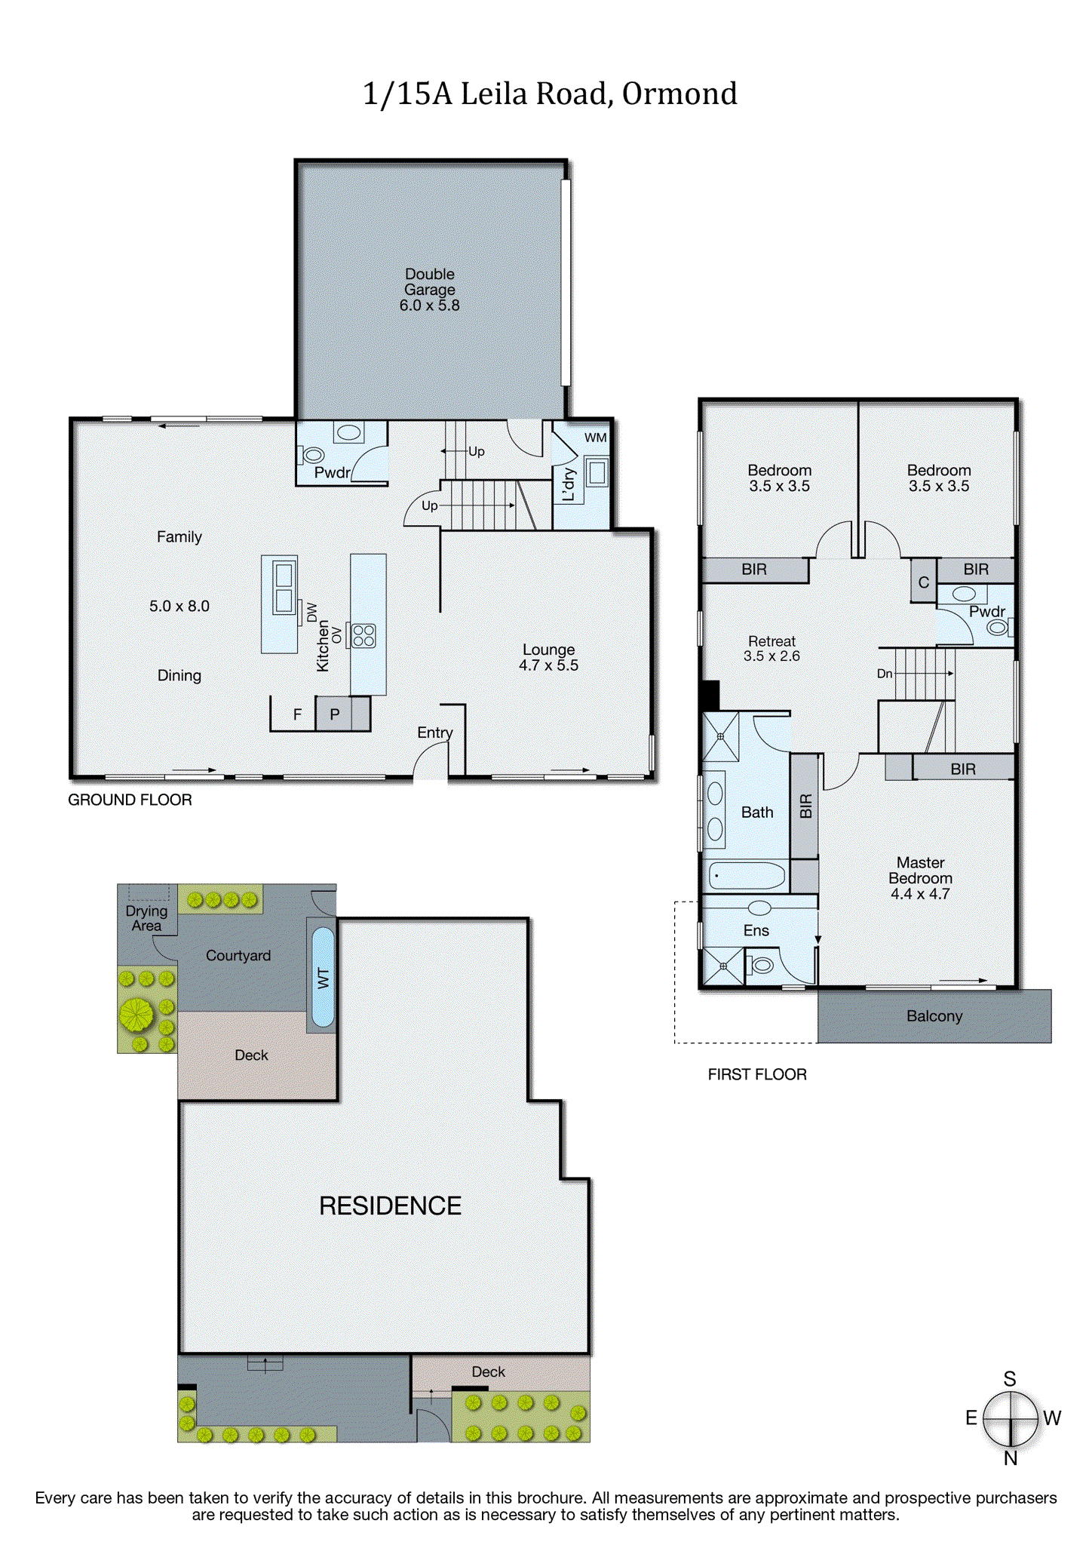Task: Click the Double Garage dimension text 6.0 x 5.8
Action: (x=429, y=306)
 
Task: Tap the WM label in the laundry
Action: (x=595, y=438)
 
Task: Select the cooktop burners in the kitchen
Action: (x=363, y=635)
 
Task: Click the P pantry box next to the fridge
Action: (x=335, y=714)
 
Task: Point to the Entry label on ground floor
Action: (x=434, y=733)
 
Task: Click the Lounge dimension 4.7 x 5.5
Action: (x=548, y=665)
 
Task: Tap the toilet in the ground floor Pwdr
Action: (x=312, y=455)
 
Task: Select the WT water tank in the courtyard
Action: (x=323, y=978)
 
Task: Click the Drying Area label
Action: (x=146, y=918)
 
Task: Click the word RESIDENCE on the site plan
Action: (x=390, y=1206)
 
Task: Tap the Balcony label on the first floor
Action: (x=934, y=1016)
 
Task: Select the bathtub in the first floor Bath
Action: (x=747, y=876)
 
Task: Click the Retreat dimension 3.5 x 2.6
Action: (x=771, y=656)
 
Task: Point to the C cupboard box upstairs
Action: (x=923, y=582)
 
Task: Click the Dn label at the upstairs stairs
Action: (x=885, y=674)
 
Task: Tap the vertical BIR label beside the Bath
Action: (x=805, y=806)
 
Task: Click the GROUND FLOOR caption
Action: (x=130, y=800)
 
